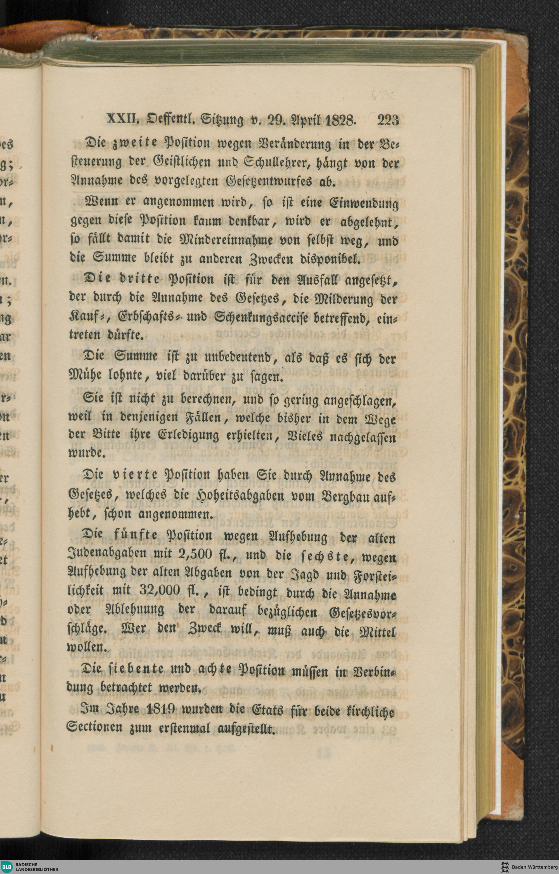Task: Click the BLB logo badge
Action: tap(7, 866)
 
